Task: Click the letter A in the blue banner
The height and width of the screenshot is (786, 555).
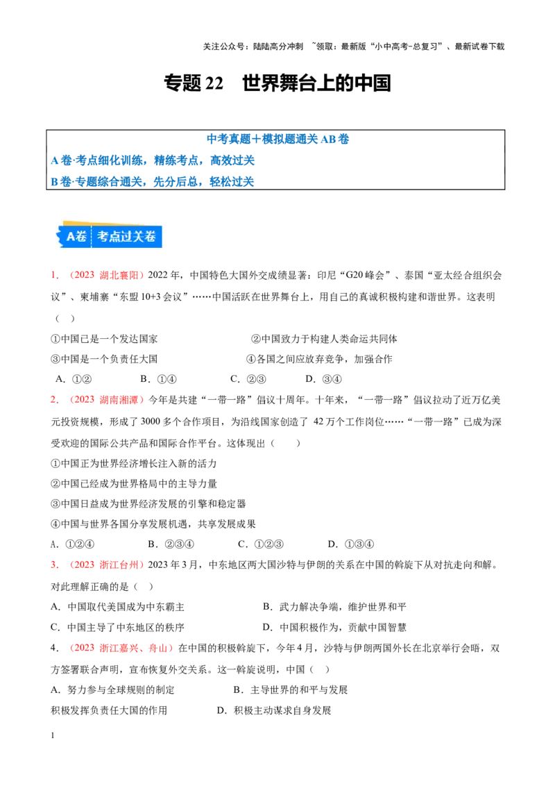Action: tap(70, 236)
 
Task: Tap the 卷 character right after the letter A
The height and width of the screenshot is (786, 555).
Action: tap(81, 236)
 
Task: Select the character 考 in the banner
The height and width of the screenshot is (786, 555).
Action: tap(103, 236)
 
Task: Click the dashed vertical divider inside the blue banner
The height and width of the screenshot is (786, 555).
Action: tap(92, 236)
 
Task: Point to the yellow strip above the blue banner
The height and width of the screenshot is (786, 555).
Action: tap(76, 224)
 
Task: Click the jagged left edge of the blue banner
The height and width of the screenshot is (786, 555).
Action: tap(60, 236)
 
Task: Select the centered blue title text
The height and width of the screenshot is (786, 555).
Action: tap(277, 138)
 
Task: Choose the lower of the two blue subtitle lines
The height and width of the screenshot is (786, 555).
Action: tap(153, 181)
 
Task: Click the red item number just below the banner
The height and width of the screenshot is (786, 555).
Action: tap(54, 276)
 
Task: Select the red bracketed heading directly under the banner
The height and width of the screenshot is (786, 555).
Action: tap(106, 276)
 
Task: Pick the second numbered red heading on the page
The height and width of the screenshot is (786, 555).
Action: tap(106, 400)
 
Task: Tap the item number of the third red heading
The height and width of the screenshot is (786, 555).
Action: tap(54, 565)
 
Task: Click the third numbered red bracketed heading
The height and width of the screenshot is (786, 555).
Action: tap(106, 565)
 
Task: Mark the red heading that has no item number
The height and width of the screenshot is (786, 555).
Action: tap(123, 649)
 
